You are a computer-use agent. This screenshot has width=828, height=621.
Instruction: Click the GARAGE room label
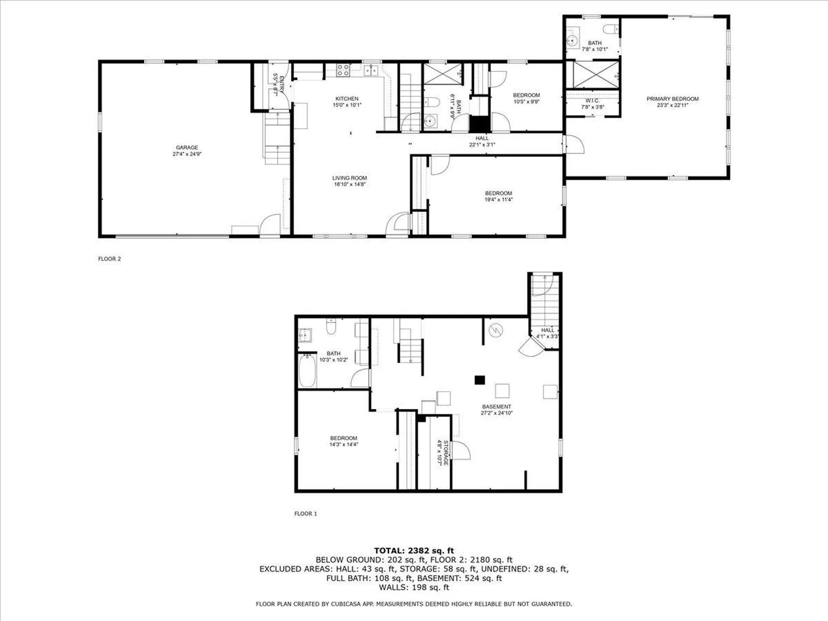pyautogui.click(x=187, y=147)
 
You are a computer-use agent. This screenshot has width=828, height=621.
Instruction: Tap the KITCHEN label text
pyautogui.click(x=347, y=99)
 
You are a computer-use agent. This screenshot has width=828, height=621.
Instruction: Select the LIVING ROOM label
pyautogui.click(x=349, y=178)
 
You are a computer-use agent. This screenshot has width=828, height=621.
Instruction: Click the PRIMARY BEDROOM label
pyautogui.click(x=672, y=99)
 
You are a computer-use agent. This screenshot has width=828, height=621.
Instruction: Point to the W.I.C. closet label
pyautogui.click(x=592, y=100)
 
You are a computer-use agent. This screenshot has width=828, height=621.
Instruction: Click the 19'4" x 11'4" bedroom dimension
pyautogui.click(x=499, y=200)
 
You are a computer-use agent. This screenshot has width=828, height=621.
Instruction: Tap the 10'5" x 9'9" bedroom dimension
pyautogui.click(x=527, y=102)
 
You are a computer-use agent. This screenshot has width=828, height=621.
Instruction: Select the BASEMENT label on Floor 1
pyautogui.click(x=496, y=407)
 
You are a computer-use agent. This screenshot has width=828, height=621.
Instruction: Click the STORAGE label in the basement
pyautogui.click(x=446, y=453)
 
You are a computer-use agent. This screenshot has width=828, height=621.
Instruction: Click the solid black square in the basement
pyautogui.click(x=480, y=380)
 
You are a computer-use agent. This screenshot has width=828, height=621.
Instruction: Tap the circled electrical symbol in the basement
pyautogui.click(x=496, y=331)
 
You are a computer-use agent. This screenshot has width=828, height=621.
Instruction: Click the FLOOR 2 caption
pyautogui.click(x=110, y=259)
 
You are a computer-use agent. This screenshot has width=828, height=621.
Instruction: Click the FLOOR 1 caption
pyautogui.click(x=305, y=514)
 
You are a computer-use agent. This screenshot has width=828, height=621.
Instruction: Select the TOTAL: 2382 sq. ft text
pyautogui.click(x=414, y=551)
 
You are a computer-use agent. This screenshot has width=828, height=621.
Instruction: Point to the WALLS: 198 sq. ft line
pyautogui.click(x=414, y=587)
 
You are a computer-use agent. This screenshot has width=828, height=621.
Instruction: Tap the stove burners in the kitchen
pyautogui.click(x=343, y=70)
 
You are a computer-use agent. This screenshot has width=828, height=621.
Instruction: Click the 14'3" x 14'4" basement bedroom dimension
pyautogui.click(x=344, y=444)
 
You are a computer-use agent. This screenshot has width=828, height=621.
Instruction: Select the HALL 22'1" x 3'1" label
pyautogui.click(x=482, y=141)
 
